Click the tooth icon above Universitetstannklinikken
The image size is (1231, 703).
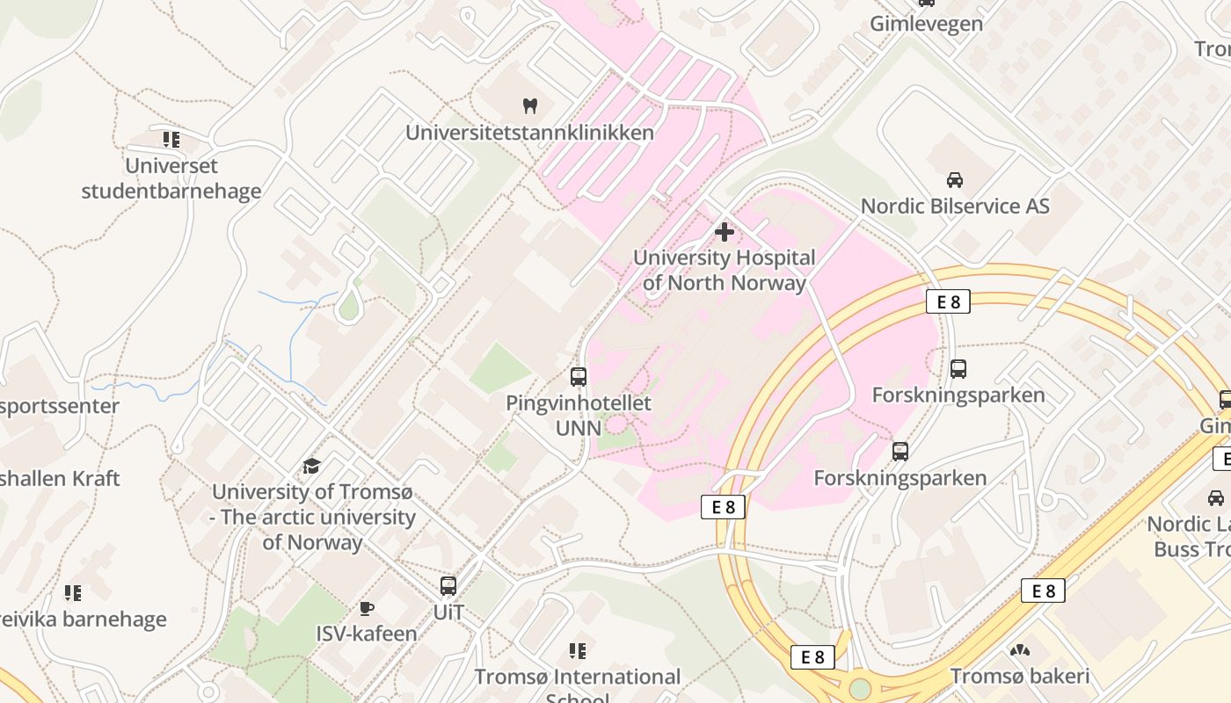click(529, 106)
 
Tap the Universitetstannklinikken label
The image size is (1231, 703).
click(529, 133)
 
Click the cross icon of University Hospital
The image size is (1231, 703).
click(725, 232)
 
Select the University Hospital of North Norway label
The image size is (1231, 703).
click(725, 270)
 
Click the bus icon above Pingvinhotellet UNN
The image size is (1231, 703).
click(579, 377)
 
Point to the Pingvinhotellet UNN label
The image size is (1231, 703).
click(579, 415)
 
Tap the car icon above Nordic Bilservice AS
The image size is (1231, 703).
click(954, 180)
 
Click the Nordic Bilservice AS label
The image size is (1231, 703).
click(955, 206)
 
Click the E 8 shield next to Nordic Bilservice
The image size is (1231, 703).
click(948, 301)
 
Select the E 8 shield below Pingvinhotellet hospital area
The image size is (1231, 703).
click(723, 506)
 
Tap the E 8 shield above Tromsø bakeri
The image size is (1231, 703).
click(1043, 591)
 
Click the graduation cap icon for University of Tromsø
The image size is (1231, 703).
click(311, 466)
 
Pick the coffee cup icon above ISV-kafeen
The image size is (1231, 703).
click(367, 608)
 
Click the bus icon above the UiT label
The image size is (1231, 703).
click(448, 586)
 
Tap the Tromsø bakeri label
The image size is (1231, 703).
click(1020, 676)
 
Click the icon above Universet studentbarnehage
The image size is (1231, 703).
click(171, 140)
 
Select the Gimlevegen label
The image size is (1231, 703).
click(927, 24)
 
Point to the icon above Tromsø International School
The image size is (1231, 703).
click(578, 651)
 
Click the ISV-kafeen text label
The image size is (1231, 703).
click(367, 633)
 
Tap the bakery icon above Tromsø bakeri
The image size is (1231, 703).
click(1020, 651)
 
